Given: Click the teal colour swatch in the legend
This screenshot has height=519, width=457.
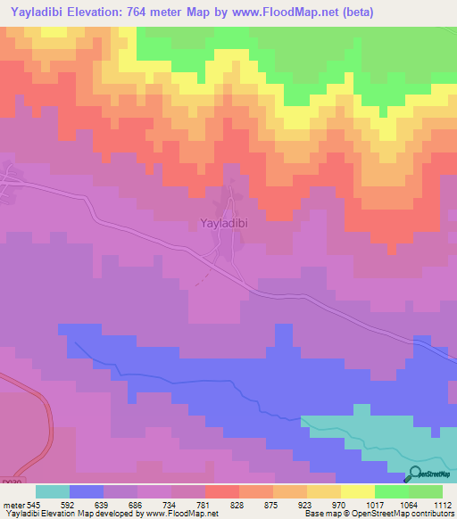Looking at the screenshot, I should coord(52,491).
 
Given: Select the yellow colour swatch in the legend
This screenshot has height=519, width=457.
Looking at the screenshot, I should coord(357,491).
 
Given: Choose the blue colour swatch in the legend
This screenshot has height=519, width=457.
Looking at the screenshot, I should coord(86,491).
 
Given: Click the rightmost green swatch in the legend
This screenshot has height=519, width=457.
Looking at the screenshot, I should coord(425,491).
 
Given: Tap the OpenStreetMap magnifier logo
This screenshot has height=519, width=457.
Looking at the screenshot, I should coord(414,474).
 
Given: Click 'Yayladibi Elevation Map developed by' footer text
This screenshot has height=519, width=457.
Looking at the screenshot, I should coord(67,514).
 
